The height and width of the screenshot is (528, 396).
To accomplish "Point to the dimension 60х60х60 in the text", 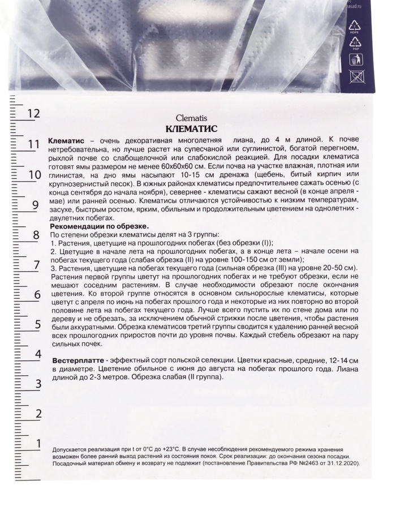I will (177, 168).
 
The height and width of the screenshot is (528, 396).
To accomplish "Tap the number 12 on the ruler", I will (33, 113).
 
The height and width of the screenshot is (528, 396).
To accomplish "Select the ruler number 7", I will (37, 264).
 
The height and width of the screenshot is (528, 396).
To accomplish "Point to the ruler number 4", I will (38, 354).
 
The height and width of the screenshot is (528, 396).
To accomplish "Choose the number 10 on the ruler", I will (35, 174).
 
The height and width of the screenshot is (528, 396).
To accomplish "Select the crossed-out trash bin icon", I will (357, 76).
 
